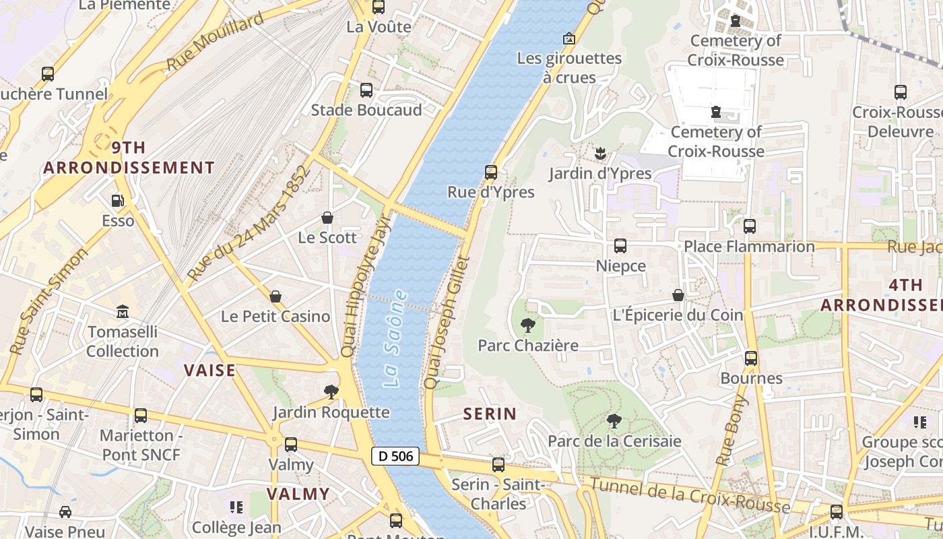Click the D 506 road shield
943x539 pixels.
tap(395, 456)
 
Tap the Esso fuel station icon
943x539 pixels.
tap(118, 201)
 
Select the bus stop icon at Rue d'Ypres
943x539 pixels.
tap(491, 172)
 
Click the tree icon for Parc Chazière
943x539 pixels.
tap(528, 326)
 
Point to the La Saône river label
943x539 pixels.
tap(395, 339)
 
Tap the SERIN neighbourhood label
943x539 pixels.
tap(490, 414)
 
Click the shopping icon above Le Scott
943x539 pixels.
tap(327, 218)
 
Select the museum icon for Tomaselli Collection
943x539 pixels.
tap(123, 312)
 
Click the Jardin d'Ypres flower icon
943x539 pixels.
tap(600, 154)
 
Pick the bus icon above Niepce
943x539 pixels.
tap(620, 246)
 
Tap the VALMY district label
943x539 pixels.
tap(298, 494)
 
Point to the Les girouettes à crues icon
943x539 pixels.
tap(569, 38)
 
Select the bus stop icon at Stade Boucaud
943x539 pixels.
tap(366, 90)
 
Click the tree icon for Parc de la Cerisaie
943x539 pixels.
tap(614, 422)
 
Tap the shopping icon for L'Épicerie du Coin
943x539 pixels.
tap(678, 296)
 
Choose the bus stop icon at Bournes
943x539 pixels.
tap(751, 358)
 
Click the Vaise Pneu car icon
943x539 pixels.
tap(65, 512)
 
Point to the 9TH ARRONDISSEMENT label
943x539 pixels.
tap(129, 158)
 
